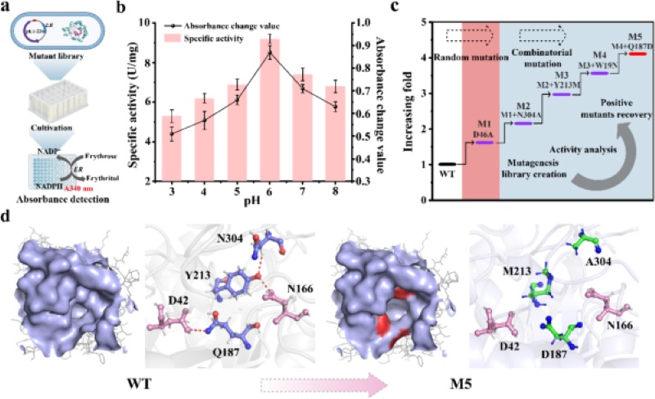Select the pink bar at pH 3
(x=171, y=147)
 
